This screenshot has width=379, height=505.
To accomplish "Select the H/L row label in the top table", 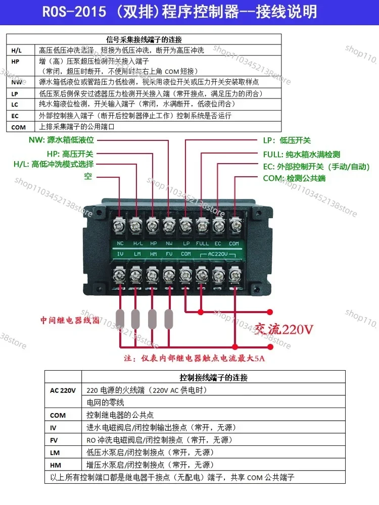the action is pyautogui.click(x=17, y=50).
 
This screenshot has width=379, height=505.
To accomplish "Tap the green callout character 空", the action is pyautogui.click(x=88, y=177).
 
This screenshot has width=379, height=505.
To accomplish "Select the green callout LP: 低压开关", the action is pyautogui.click(x=287, y=141).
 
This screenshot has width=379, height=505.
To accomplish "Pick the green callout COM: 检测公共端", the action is pyautogui.click(x=294, y=178).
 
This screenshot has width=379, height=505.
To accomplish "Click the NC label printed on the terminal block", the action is pyautogui.click(x=120, y=243).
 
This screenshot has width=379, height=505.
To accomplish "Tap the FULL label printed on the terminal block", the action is pyautogui.click(x=202, y=243).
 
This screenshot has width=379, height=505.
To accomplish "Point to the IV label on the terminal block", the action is pyautogui.click(x=120, y=254).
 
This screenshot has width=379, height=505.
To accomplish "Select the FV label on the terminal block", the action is pyautogui.click(x=169, y=254).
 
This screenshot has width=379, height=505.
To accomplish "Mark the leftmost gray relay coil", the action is pyautogui.click(x=120, y=319).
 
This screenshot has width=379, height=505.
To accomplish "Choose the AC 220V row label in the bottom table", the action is pyautogui.click(x=63, y=390).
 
